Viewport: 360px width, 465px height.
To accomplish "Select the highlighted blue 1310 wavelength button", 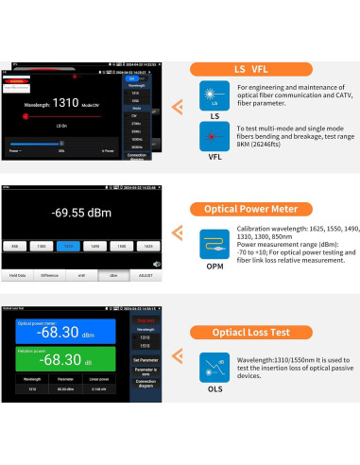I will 67,245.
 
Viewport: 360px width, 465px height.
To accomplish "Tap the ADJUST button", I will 147,276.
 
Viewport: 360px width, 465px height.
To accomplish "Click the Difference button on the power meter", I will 50,276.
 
